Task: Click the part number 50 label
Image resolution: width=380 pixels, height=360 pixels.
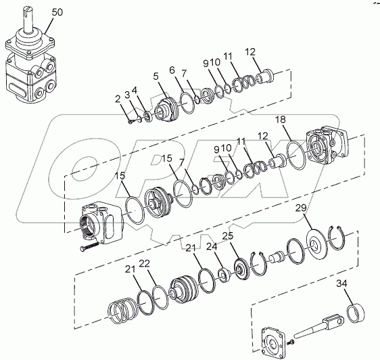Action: click(x=57, y=12)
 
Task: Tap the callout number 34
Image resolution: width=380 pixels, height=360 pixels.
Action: click(x=341, y=283)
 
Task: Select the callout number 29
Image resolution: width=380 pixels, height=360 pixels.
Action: click(x=301, y=208)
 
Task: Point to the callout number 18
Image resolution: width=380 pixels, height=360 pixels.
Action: click(x=281, y=120)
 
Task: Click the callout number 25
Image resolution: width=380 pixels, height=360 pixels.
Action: click(x=228, y=235)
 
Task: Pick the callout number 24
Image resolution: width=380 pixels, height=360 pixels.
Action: click(x=212, y=247)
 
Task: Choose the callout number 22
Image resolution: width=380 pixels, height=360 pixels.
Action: click(x=145, y=263)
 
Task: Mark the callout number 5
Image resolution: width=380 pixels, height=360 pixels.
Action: click(x=156, y=76)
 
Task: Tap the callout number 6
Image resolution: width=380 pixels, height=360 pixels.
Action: click(x=172, y=70)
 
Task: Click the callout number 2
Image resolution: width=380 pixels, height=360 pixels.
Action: click(x=118, y=99)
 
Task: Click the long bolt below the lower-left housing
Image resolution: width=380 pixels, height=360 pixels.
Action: click(x=89, y=246)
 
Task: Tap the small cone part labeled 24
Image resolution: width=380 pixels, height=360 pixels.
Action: click(x=225, y=275)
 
